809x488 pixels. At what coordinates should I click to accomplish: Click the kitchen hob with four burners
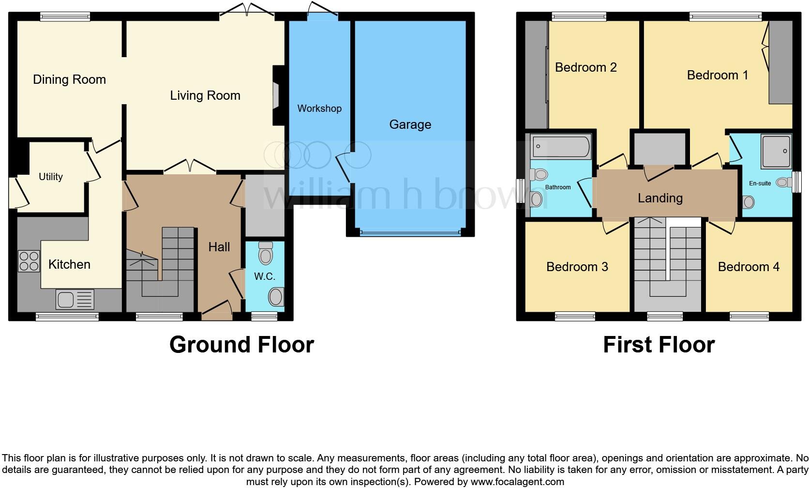[29, 260]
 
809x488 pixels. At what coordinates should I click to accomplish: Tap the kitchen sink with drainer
[75, 299]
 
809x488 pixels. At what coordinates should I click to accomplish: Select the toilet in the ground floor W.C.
[266, 253]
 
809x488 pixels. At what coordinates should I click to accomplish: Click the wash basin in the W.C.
[276, 297]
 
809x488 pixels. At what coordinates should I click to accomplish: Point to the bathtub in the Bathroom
[561, 146]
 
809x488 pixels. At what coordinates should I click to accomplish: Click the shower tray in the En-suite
[776, 151]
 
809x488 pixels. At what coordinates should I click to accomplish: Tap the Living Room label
[205, 95]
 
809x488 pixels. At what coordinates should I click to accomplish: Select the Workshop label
[319, 108]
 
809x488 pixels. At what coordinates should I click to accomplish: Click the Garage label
[410, 124]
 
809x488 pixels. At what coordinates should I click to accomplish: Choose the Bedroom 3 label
[577, 267]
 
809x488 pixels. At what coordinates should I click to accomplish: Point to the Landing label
[660, 198]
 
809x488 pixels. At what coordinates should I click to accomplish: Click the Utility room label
[51, 177]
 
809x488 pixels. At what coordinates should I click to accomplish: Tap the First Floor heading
[659, 345]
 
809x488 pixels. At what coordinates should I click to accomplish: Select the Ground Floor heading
[241, 345]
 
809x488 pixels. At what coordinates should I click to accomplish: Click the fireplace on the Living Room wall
[276, 95]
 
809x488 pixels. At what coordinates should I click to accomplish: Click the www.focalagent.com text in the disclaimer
[517, 482]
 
